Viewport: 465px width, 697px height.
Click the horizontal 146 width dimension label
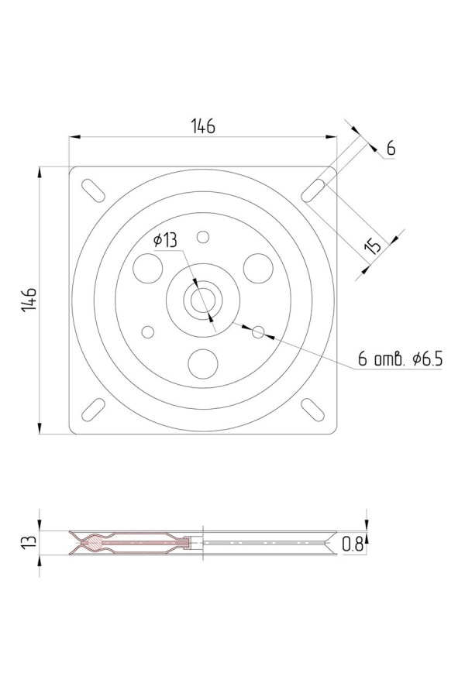tap(203, 126)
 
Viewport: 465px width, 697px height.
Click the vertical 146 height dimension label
tap(29, 300)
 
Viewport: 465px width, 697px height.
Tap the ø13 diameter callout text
tap(164, 240)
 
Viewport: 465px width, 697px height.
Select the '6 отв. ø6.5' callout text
tap(401, 359)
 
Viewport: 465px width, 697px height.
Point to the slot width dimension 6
tap(391, 148)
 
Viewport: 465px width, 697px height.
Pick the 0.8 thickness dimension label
tap(353, 544)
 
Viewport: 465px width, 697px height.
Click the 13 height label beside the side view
tap(29, 542)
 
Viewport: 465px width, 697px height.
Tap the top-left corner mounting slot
tap(94, 191)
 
